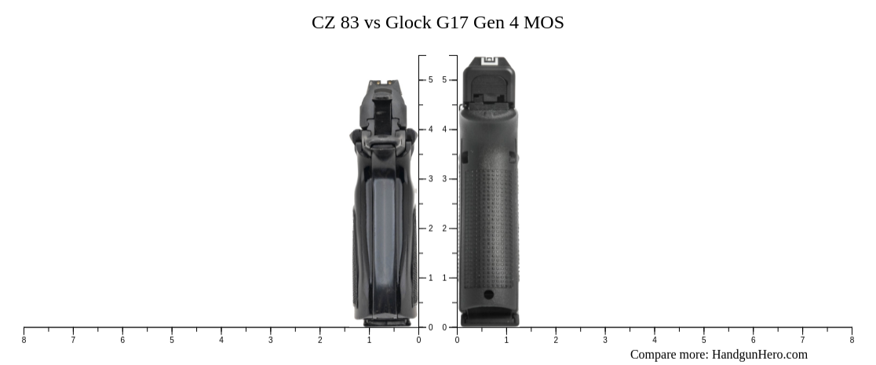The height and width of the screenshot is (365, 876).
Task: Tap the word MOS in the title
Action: pos(545,22)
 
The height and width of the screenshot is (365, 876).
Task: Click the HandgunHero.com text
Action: pos(759,354)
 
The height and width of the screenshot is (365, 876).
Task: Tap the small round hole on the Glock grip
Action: pos(488,295)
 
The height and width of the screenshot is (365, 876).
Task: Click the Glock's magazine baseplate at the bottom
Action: pos(489,318)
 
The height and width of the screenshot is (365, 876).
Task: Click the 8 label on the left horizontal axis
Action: pos(24,340)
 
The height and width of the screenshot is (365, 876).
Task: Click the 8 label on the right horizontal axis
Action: pos(852,340)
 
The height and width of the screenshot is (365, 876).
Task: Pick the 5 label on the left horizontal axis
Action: pos(172,340)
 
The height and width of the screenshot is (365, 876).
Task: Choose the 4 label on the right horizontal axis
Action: pos(654,340)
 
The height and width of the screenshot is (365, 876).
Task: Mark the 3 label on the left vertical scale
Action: pos(430,179)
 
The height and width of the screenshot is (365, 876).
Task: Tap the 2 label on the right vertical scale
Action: pos(444,228)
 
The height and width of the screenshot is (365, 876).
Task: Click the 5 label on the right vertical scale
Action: pos(444,80)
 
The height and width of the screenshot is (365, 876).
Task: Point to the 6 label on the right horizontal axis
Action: pos(753,340)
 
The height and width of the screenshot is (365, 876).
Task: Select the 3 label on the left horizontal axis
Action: pos(271,340)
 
